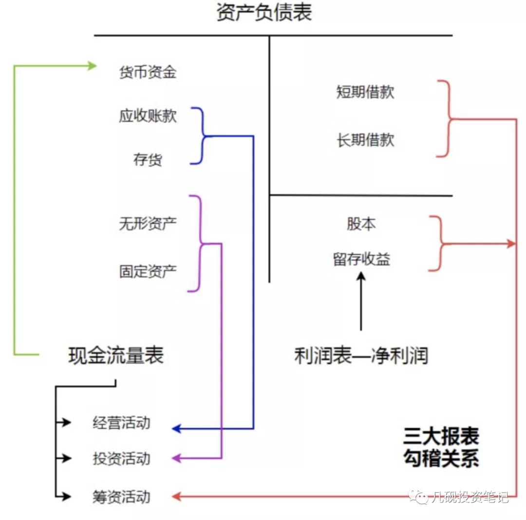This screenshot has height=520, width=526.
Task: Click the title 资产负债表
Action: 263,13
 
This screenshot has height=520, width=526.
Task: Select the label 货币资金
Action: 148,73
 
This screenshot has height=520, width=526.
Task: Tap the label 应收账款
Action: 148,116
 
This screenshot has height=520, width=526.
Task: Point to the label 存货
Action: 148,159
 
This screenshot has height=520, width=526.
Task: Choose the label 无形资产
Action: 148,224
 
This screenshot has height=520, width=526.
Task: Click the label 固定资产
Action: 148,271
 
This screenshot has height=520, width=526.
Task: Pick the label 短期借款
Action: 365,92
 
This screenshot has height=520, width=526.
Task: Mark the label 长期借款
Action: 365,140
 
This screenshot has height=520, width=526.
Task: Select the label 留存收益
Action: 361,259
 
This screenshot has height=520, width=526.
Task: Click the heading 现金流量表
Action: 116,356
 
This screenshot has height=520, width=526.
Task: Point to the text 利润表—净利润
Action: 361,356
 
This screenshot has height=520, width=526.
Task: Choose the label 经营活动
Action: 121,423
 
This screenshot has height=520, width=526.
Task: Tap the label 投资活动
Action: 121,459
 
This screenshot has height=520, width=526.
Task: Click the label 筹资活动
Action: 121,497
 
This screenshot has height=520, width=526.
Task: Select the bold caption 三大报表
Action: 441,435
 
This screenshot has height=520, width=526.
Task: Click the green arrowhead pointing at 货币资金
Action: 92,65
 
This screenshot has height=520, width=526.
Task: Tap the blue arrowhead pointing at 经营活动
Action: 177,429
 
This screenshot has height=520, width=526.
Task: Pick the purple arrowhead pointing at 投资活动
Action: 177,458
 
